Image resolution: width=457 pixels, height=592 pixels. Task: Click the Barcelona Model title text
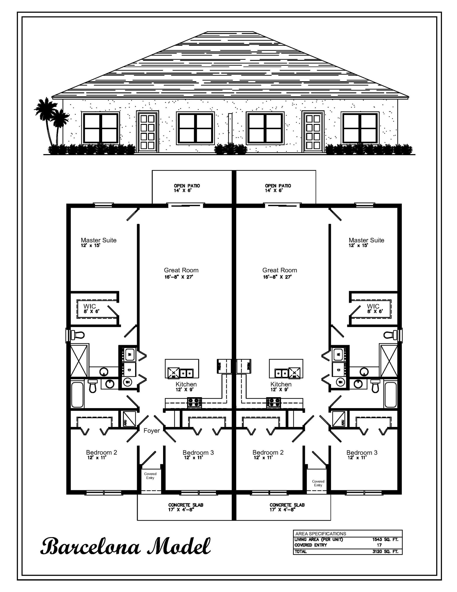125,546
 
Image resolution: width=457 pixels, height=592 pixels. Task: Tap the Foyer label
152,431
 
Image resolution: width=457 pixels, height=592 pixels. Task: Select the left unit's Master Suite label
98,240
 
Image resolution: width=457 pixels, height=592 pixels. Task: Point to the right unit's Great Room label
279,270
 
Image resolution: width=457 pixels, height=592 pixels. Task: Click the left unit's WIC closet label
90,306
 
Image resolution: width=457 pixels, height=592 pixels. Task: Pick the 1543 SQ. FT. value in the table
385,539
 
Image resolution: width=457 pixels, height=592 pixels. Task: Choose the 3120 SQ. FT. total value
385,552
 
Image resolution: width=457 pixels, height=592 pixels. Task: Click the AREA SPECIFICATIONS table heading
320,534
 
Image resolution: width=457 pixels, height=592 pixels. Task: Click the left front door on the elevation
147,132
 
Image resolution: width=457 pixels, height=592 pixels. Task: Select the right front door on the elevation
313,132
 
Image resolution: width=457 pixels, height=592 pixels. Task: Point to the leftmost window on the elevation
101,128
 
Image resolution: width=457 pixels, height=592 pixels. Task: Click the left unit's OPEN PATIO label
186,186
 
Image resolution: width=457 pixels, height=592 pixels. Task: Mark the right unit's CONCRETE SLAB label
287,505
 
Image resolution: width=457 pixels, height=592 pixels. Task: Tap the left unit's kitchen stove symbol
195,402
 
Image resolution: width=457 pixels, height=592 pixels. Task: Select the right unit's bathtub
390,394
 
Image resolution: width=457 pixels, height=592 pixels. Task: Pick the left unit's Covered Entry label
150,476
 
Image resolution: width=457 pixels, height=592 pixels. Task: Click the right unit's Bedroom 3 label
362,453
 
